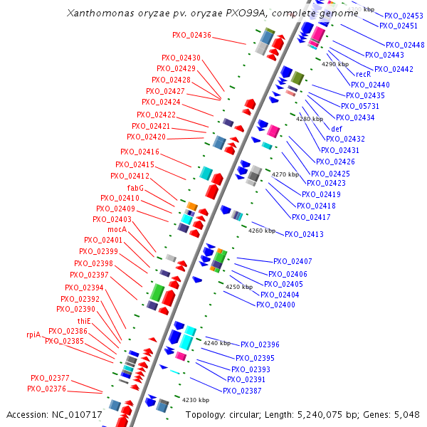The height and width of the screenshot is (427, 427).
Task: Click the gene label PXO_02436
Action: point(191,35)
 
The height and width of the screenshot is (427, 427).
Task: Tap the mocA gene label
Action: point(117,229)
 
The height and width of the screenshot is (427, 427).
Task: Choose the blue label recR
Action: point(363,73)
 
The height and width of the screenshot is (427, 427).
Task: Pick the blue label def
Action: point(337,128)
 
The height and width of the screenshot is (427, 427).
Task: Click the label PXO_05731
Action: point(360,106)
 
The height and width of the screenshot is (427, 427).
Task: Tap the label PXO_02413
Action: point(304,234)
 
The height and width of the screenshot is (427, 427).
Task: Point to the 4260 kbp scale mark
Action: point(261,231)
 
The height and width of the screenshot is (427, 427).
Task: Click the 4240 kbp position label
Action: point(216,343)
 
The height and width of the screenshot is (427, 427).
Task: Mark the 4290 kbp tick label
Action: point(335,64)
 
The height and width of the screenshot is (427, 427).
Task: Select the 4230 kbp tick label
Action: point(196,400)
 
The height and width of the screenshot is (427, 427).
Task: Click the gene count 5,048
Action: point(406,414)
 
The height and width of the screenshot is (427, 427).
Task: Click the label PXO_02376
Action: point(47,389)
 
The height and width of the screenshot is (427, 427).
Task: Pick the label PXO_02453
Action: point(404,15)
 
